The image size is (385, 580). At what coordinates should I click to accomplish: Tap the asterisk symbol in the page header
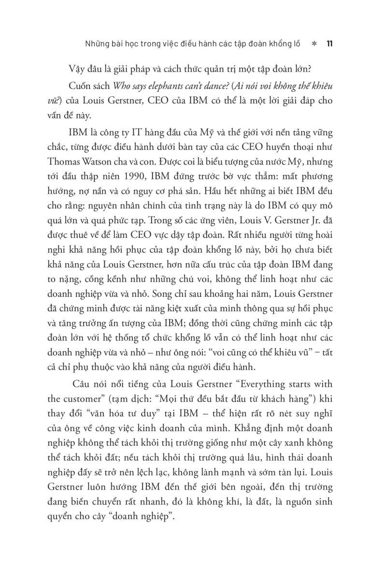coord(314,44)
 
